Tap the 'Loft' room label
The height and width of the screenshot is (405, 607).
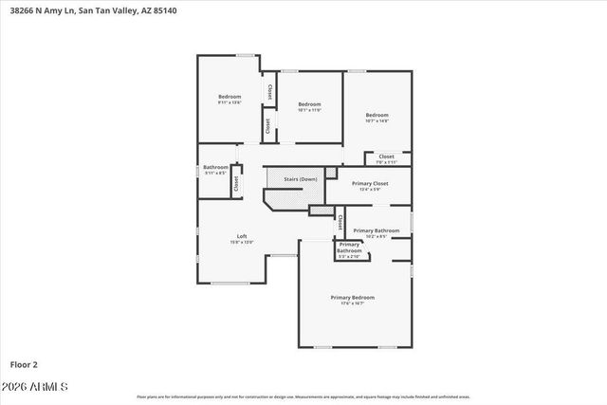pyautogui.click(x=242, y=236)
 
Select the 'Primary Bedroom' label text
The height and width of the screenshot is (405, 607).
pyautogui.click(x=353, y=298)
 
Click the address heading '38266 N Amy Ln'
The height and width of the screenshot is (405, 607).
pyautogui.click(x=43, y=11)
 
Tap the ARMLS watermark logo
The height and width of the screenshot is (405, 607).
pyautogui.click(x=40, y=387)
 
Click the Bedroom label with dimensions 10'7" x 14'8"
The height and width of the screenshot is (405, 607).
pyautogui.click(x=377, y=115)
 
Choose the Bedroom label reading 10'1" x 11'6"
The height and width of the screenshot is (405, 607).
pyautogui.click(x=309, y=104)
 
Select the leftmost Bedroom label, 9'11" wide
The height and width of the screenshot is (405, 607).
pyautogui.click(x=230, y=97)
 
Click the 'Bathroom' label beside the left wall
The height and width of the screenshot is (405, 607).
pyautogui.click(x=215, y=168)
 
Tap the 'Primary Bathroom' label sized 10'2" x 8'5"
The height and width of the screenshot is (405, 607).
pyautogui.click(x=376, y=230)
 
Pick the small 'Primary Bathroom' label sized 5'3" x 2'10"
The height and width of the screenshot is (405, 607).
pyautogui.click(x=349, y=249)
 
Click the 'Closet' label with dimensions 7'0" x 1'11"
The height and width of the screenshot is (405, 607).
pyautogui.click(x=386, y=156)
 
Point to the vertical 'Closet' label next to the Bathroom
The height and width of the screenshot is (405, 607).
pyautogui.click(x=236, y=184)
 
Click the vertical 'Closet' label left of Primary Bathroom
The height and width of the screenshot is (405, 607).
pyautogui.click(x=339, y=223)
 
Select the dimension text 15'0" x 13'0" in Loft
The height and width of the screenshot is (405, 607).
pyautogui.click(x=242, y=242)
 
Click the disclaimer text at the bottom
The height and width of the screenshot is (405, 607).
pyautogui.click(x=303, y=396)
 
